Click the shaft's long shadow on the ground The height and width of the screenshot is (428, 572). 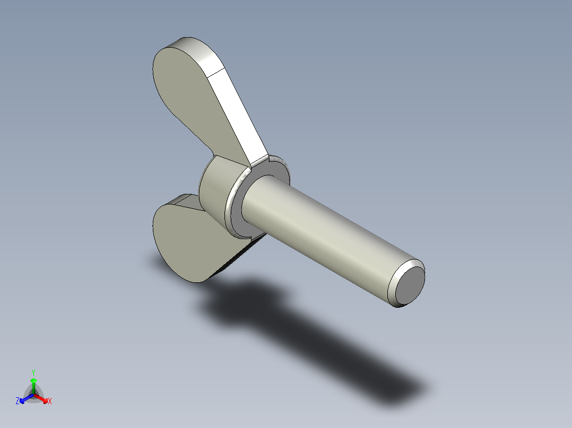[345, 350]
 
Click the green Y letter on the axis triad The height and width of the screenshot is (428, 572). [33, 372]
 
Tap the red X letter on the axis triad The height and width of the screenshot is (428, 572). [50, 402]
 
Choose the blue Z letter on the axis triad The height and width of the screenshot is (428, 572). [18, 402]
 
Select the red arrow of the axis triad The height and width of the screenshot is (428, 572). [44, 399]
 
